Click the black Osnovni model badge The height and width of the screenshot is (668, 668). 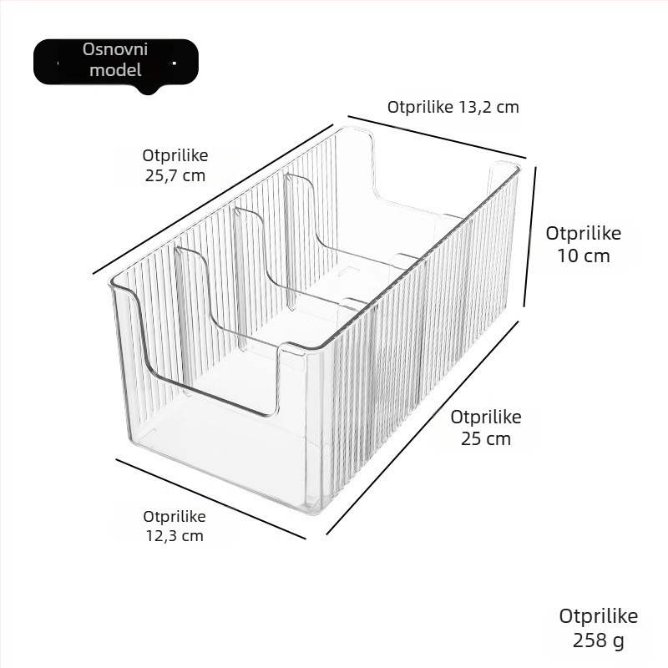(116, 62)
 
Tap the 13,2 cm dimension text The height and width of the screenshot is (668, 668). (453, 107)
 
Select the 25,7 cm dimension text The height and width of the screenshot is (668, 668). (175, 165)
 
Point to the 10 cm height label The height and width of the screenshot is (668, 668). (583, 245)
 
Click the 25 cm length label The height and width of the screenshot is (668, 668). (486, 428)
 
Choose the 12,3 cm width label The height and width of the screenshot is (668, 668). (175, 526)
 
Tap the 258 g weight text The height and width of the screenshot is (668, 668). (598, 628)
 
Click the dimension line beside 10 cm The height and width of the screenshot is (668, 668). (529, 236)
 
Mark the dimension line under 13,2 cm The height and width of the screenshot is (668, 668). (437, 137)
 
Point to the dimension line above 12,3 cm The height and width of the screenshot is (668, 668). (211, 498)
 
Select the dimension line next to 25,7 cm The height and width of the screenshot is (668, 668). (213, 200)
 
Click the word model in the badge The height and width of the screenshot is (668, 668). (115, 70)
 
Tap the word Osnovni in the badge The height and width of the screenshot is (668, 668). (115, 49)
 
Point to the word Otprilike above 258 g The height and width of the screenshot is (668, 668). (598, 617)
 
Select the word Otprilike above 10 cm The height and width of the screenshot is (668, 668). (583, 234)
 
